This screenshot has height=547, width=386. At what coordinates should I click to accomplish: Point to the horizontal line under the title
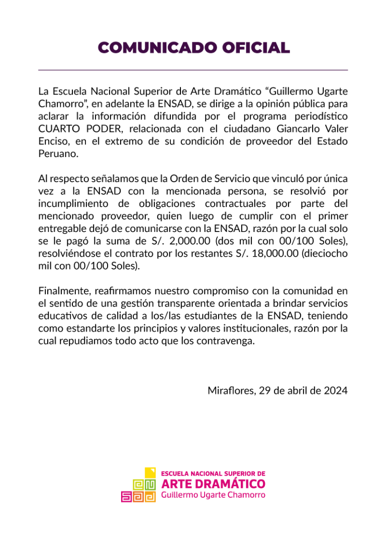193,69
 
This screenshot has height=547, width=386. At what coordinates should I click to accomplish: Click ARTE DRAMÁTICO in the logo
213,484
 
